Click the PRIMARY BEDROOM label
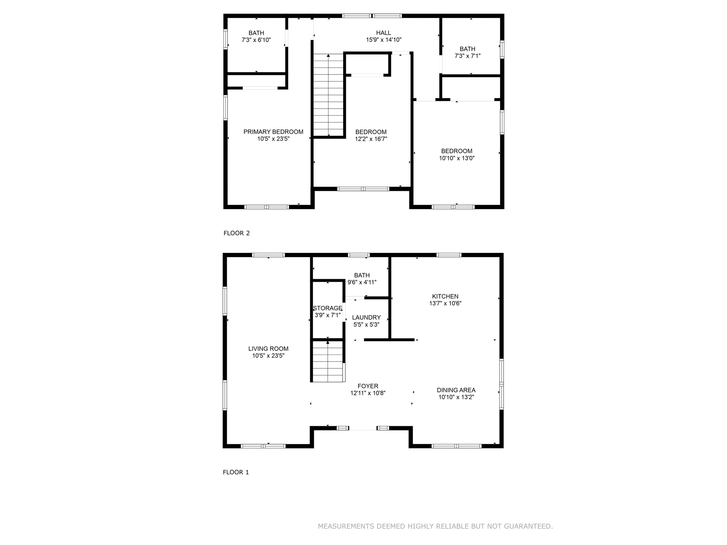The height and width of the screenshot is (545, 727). point(273,132)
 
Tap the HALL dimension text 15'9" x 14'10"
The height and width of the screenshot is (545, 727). point(383,40)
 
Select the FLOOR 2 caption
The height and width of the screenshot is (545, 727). point(236,233)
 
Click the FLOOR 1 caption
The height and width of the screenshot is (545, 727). point(236,472)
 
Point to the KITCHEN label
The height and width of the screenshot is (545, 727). point(445,296)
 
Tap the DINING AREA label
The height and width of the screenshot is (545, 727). point(456,390)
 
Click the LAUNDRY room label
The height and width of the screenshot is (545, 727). point(366,318)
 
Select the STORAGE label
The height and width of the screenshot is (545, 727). point(327,308)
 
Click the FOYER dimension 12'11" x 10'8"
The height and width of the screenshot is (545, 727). point(368,393)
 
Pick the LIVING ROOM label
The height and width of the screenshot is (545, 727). point(268,349)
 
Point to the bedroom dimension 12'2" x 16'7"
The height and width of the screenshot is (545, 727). point(371,139)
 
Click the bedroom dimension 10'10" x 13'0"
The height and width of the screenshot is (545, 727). point(457,158)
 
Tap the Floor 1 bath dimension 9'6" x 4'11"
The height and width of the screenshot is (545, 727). point(362,282)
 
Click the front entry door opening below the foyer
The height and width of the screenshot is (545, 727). point(362,428)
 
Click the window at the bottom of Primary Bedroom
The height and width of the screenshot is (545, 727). point(267,207)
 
